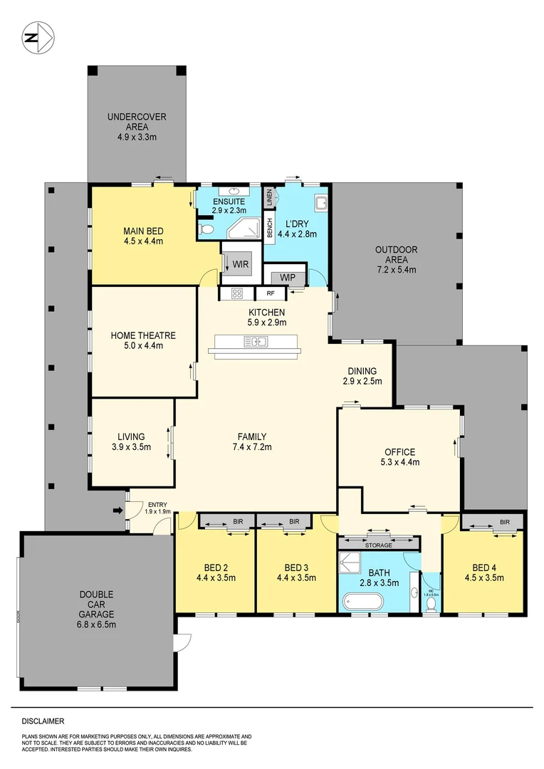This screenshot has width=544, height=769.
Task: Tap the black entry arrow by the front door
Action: tap(117, 510)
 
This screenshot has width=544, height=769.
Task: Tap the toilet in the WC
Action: tap(430, 605)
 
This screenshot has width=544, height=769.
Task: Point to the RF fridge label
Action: tap(271, 293)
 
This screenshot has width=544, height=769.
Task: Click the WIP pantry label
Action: tap(288, 277)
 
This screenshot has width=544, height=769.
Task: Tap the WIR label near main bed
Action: tap(240, 263)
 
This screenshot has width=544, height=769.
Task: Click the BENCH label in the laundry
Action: tap(270, 228)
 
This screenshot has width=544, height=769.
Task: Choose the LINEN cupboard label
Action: tap(270, 199)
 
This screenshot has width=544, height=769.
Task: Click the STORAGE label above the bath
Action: tap(379, 545)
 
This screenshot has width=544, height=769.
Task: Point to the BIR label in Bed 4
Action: tap(505, 522)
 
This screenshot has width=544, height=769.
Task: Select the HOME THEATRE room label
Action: tap(142, 335)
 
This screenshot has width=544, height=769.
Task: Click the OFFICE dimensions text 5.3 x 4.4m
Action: tap(399, 462)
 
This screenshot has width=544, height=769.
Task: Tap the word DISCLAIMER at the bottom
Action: tap(43, 721)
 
